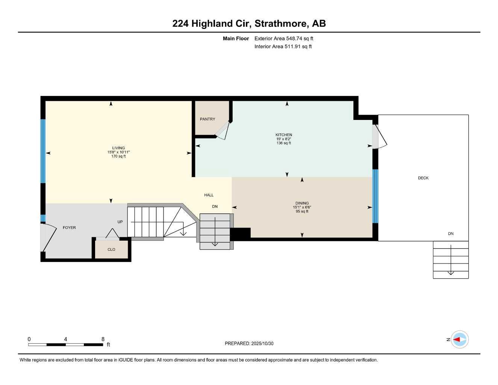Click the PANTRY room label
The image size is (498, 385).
[207, 119]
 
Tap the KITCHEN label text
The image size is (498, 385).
[283, 135]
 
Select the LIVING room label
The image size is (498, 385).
[118, 148]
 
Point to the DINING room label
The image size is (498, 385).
[302, 203]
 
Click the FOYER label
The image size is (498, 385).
[69, 227]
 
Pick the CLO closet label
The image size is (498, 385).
[111, 249]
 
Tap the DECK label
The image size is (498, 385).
[423, 178]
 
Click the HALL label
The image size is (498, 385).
[209, 195]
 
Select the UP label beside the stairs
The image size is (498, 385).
[120, 222]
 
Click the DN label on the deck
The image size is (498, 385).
[451, 233]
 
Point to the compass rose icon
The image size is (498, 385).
[460, 339]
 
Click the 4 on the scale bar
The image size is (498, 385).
[65, 339]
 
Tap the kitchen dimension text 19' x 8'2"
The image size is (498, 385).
[283, 139]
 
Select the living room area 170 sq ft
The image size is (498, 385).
[118, 156]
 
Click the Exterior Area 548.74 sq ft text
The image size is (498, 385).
[284, 38]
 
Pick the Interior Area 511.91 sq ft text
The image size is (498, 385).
[283, 47]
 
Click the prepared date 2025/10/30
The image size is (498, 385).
[262, 343]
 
